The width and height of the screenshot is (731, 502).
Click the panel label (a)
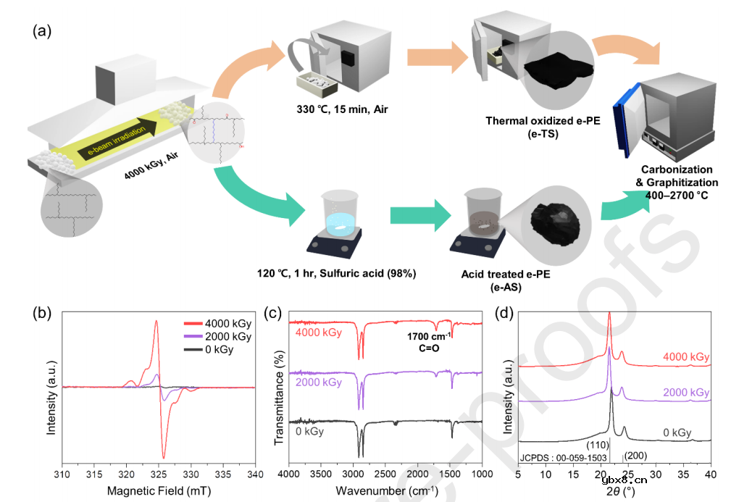click(42, 31)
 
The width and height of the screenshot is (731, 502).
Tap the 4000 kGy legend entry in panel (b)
click(218, 324)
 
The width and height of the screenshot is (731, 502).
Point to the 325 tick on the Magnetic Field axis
click(159, 474)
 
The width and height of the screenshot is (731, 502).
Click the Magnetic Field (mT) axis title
click(159, 491)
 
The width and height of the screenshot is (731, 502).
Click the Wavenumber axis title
click(386, 491)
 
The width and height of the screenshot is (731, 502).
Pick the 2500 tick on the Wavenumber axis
click(385, 474)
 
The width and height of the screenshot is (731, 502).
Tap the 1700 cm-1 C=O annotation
click(429, 342)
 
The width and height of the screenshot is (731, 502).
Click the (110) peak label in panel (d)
click(598, 445)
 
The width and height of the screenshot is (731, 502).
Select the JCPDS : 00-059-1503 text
click(564, 459)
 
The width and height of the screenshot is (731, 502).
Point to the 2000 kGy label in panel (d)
click(686, 393)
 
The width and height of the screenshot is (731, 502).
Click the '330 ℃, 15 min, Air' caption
click(342, 109)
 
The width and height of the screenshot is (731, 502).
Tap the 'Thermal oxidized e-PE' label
click(543, 121)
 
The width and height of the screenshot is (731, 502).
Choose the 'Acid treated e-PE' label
click(506, 274)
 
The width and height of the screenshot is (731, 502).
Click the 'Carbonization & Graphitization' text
click(677, 176)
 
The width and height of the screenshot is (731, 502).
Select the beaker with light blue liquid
click(341, 214)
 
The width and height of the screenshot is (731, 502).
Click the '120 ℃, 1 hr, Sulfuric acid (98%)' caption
click(337, 274)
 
